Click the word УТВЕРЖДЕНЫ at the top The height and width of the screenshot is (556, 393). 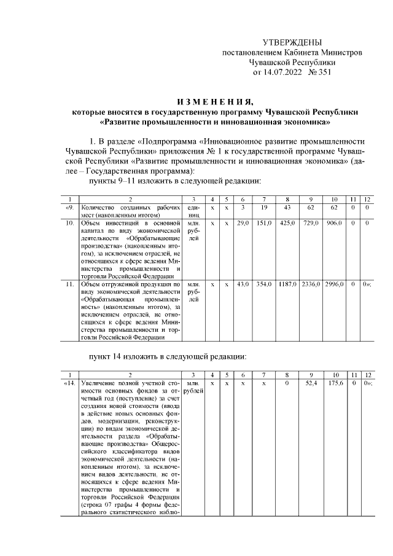click(x=292, y=42)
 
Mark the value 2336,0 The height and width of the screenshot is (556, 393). click(x=312, y=284)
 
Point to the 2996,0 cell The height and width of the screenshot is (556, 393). click(x=335, y=284)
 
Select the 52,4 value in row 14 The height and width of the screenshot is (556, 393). click(x=313, y=383)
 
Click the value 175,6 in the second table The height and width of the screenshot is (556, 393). click(x=335, y=383)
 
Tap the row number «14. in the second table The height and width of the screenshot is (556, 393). click(x=70, y=383)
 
